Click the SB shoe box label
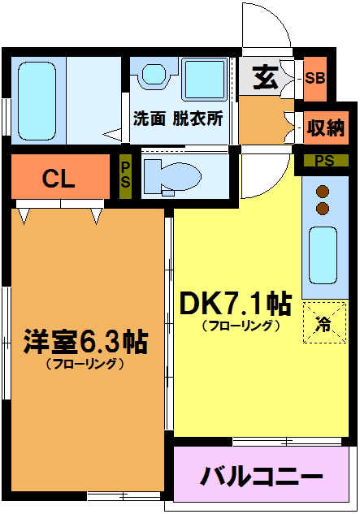315,78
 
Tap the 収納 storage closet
326,127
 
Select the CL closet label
59,179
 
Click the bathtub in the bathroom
37,101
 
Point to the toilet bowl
172,177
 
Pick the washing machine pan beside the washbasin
205,79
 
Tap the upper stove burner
323,191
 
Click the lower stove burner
323,208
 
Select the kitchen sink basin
323,255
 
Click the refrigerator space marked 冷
324,323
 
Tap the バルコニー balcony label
261,476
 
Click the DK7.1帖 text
236,303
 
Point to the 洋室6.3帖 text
85,342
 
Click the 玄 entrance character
265,78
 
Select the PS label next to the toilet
125,175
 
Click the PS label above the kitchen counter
324,160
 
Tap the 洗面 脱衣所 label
178,119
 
